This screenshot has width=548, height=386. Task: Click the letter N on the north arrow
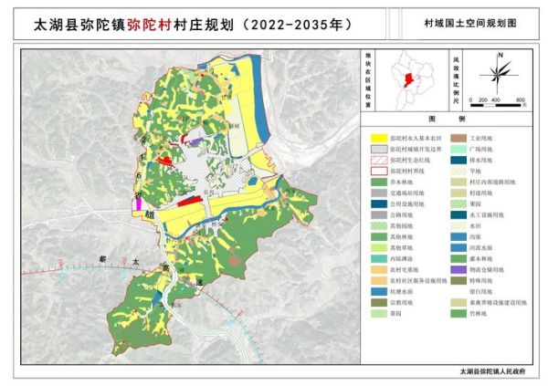(500, 57)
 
